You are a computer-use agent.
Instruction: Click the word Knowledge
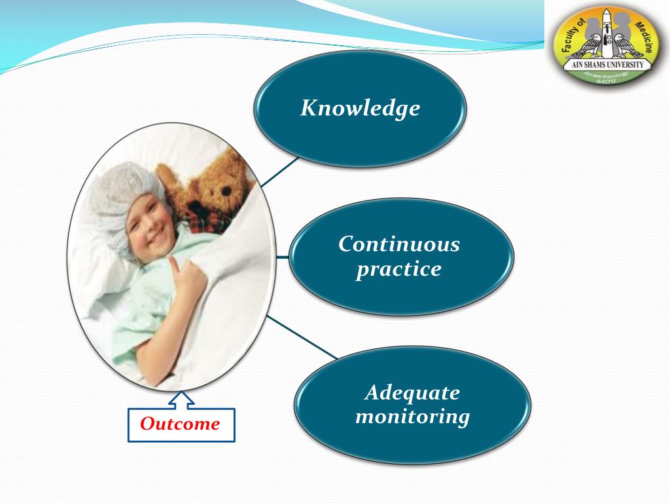361,109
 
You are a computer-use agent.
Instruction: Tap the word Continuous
399,244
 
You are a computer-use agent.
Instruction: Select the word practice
398,269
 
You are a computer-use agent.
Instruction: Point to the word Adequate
412,393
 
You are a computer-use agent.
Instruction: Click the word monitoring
412,417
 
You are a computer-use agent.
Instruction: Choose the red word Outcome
180,424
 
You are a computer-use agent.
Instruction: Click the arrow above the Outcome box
181,400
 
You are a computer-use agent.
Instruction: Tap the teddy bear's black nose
226,191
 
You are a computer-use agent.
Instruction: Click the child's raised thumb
174,265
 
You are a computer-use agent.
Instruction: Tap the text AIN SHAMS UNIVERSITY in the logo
607,65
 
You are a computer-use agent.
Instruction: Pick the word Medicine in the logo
644,37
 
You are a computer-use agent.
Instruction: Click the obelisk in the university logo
607,34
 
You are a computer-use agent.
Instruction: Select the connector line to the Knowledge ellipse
280,172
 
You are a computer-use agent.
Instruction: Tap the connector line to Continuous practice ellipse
283,257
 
